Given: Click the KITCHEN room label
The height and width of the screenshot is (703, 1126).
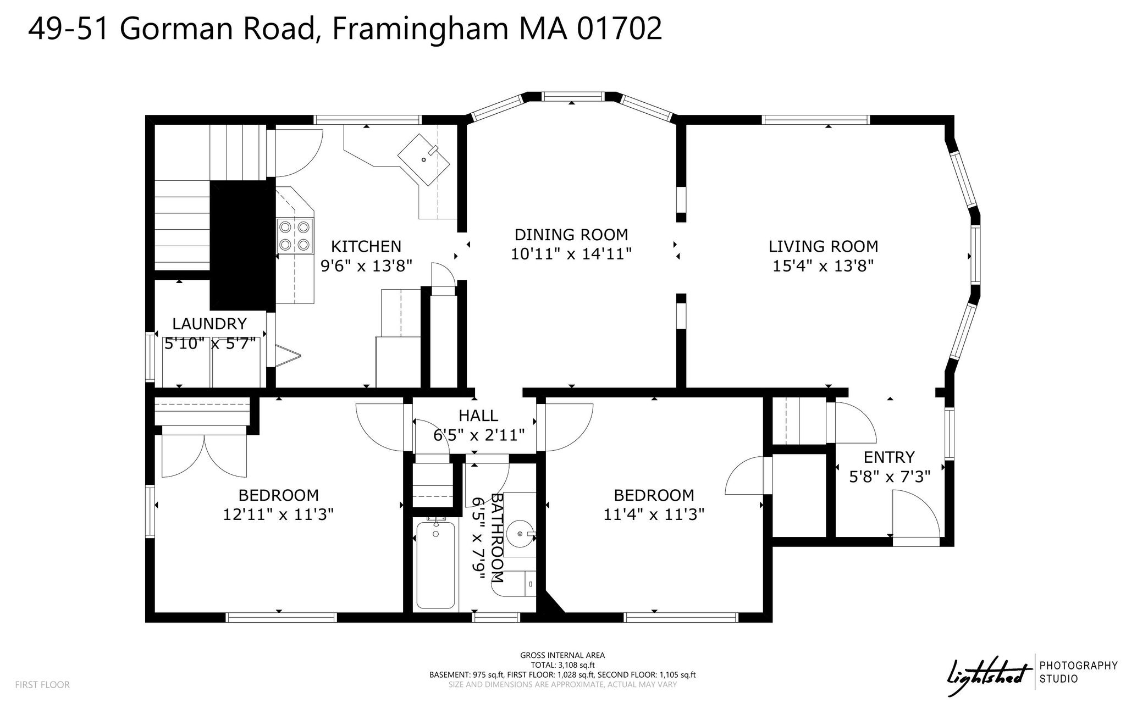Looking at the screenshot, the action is (366, 246).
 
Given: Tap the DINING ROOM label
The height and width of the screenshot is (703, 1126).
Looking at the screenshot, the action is (571, 235).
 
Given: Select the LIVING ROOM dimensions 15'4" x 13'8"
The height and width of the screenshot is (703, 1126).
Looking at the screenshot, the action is (823, 266).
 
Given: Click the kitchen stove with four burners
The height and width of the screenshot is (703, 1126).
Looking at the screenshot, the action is (295, 235).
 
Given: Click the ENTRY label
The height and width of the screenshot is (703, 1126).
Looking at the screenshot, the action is (889, 457).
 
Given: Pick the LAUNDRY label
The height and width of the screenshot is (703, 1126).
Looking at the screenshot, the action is (209, 323).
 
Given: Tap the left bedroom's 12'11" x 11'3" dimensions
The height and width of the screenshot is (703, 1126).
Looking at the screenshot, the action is (278, 514).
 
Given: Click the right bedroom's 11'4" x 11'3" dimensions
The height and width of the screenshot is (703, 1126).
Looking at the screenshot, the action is (654, 514).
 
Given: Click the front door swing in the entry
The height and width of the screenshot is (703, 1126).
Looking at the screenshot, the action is (915, 514).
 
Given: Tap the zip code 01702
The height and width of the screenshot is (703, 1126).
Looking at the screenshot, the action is (620, 29).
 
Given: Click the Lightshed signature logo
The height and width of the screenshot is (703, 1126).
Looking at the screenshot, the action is (987, 672).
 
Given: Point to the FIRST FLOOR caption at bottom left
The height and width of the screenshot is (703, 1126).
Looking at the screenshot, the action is (42, 685).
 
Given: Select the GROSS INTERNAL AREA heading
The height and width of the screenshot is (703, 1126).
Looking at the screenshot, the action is (562, 655).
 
